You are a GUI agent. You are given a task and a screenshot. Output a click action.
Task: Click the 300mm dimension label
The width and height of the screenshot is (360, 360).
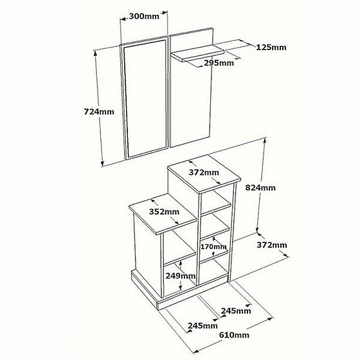[x=144, y=16]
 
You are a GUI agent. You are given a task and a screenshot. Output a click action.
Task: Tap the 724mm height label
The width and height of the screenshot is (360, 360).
[x=99, y=112]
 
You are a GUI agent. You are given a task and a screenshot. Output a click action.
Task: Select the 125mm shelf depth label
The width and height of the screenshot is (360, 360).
[x=271, y=48]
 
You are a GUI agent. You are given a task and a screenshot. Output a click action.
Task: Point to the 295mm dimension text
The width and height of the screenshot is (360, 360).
[x=219, y=63]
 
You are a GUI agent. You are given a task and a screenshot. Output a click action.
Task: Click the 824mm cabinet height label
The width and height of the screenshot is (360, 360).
[x=260, y=188]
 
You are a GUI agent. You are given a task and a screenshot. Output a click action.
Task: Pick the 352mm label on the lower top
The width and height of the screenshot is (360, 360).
[x=164, y=212]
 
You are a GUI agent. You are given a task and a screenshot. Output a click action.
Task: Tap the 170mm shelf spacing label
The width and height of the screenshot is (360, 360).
[x=213, y=247]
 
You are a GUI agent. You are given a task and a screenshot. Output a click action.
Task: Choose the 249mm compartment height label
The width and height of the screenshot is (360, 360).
[x=181, y=276]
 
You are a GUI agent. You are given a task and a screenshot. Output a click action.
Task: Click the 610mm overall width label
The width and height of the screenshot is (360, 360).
[x=234, y=335]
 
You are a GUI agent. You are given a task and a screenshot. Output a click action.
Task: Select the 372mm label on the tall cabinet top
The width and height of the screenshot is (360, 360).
[x=204, y=172]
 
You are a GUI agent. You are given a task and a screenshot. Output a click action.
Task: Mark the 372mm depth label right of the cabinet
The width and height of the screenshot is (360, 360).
[x=272, y=245]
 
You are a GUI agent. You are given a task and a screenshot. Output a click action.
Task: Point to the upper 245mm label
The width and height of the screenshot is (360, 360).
[x=236, y=311]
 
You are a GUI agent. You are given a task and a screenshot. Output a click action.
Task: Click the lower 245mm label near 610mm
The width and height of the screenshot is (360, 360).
[x=203, y=325]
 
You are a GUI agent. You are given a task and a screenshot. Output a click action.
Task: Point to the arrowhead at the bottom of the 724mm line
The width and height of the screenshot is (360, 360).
[x=103, y=163]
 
